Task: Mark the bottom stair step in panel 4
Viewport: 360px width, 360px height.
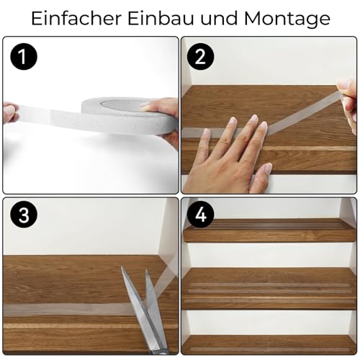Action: pyautogui.click(x=270, y=343)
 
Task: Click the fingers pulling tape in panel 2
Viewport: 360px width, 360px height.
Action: pyautogui.click(x=349, y=101)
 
